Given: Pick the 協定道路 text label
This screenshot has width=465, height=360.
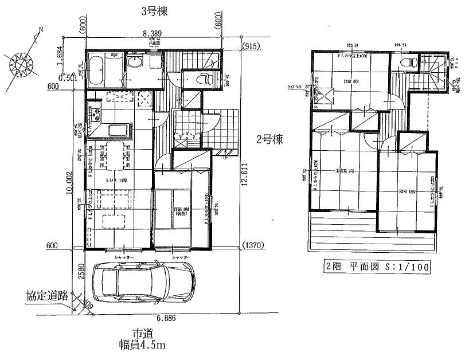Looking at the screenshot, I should point(48,296).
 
